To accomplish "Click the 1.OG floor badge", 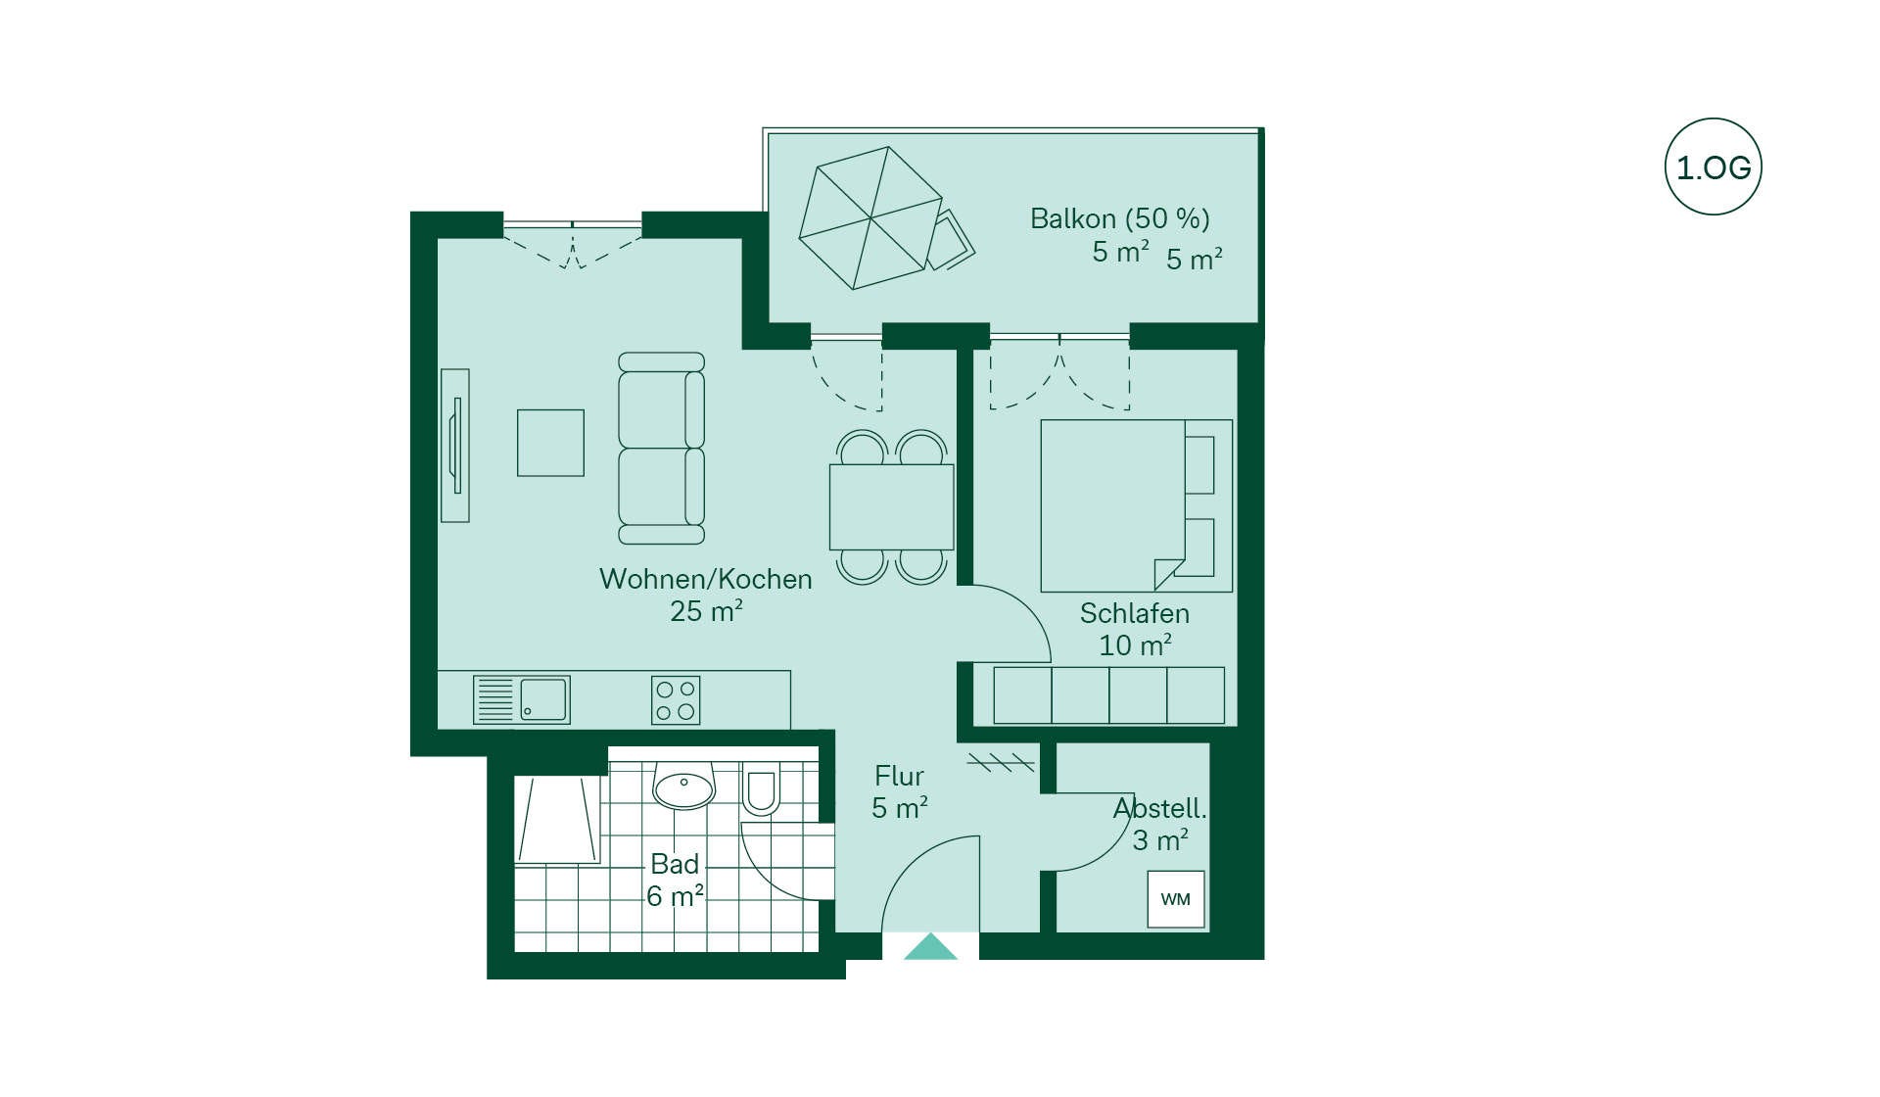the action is [x=1713, y=167].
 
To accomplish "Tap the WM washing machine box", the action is [x=1176, y=899].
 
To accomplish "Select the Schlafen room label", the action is [x=1134, y=613].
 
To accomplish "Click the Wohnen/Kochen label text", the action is [x=705, y=579].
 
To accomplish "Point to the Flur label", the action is [x=899, y=776].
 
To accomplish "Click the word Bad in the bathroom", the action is [x=675, y=864].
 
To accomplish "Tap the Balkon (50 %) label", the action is [x=1119, y=218].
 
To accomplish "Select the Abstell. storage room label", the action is [x=1159, y=808].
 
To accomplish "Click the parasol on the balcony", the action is [x=870, y=217].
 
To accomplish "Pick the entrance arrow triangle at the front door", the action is [x=930, y=947].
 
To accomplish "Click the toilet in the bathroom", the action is [x=760, y=789].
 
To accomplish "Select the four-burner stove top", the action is [x=676, y=700].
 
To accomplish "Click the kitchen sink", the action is [x=521, y=700].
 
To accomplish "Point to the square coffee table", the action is [x=550, y=443].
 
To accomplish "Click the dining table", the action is [x=891, y=506].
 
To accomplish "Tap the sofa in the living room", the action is [x=661, y=449].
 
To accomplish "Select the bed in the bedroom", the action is [x=1136, y=505].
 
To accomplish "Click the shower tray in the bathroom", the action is [x=557, y=820].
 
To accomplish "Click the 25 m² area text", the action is [x=706, y=611].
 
